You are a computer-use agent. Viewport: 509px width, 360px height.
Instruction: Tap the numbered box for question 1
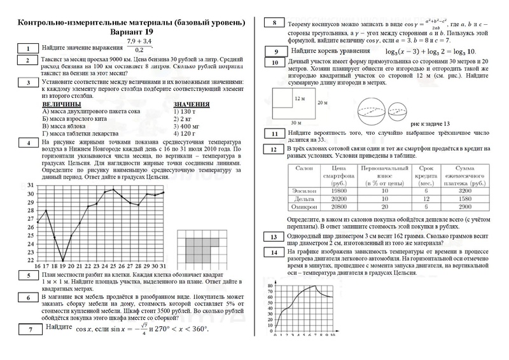point(28,49)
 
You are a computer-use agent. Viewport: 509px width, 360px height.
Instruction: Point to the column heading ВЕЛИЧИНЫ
point(61,104)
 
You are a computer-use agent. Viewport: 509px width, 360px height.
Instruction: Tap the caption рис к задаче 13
point(431,123)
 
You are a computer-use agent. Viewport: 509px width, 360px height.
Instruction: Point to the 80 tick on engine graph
point(270,286)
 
